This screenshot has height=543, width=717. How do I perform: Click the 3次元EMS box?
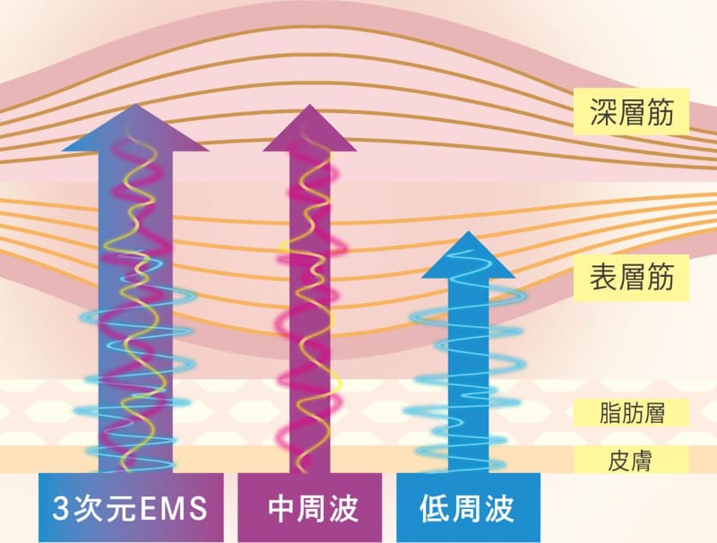tap(131, 509)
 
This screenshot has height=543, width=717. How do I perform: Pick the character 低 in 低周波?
tap(435, 509)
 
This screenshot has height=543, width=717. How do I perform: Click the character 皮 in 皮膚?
tap(618, 461)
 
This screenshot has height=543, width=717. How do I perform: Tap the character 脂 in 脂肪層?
tap(609, 413)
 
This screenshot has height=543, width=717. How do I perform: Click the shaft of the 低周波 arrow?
tap(467, 376)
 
